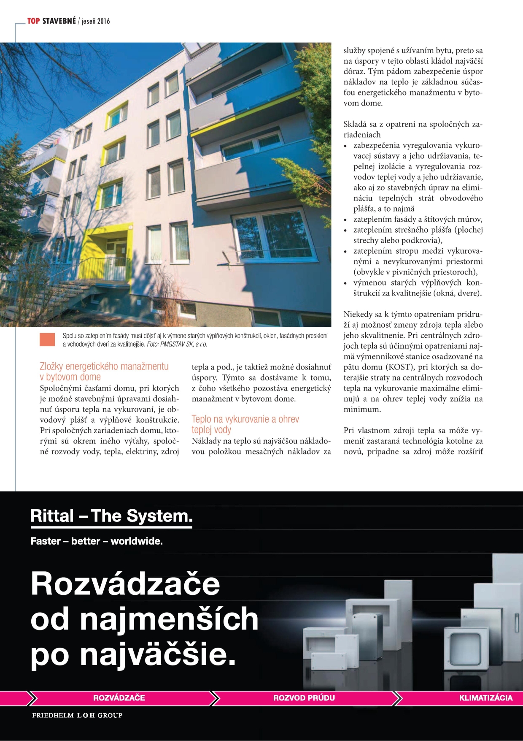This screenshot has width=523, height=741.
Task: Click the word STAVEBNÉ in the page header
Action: coord(59,21)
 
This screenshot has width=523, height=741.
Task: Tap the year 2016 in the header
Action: coord(103,21)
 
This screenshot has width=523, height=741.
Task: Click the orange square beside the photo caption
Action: coord(47,339)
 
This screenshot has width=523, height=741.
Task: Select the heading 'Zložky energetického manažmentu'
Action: coord(104,366)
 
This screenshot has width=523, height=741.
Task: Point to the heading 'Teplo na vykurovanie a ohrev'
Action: coord(245,419)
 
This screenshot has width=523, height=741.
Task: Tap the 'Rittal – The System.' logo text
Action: coord(111,516)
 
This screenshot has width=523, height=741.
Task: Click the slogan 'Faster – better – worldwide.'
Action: coord(97,541)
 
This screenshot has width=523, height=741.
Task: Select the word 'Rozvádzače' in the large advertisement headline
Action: coord(126,584)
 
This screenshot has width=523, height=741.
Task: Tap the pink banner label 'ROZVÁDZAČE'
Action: coord(119,698)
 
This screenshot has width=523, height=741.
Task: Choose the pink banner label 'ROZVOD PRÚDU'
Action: coord(304,698)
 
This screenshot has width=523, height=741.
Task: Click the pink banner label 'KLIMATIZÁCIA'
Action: coord(485,698)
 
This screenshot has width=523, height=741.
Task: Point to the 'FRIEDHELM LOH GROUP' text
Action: coord(77,715)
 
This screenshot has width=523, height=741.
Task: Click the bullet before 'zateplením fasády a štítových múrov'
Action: coord(345,220)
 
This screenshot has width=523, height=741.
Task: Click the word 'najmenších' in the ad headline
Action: coord(169,619)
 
